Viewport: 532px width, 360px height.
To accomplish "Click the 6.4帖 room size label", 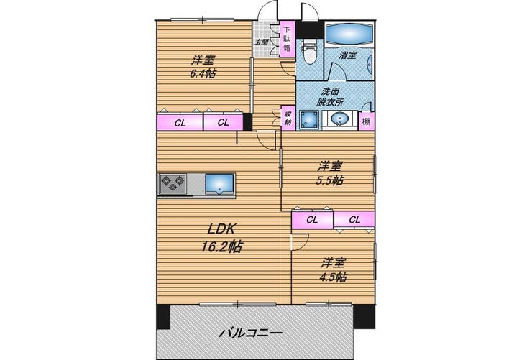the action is [203, 73].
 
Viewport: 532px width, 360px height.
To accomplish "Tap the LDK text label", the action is [221, 229].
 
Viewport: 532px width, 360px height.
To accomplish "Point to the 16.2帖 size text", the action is [222, 246].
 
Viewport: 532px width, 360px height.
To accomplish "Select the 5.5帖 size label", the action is [330, 180].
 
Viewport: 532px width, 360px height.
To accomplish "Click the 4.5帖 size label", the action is [333, 277].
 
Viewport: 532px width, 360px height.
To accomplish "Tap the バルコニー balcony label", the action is [250, 333].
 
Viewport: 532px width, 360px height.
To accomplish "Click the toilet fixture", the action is [309, 52].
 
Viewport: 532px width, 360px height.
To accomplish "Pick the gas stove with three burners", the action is [173, 184].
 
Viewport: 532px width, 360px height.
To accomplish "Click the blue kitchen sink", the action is [219, 184].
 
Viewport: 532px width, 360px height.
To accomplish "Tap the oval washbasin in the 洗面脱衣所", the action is [339, 119].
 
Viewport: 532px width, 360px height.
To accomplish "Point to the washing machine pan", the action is [308, 120].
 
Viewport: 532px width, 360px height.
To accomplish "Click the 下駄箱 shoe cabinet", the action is [287, 40].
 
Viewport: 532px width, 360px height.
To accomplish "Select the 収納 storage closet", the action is [288, 118].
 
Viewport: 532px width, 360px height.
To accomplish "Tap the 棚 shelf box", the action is [367, 121].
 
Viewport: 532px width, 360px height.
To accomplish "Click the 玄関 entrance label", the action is [262, 42].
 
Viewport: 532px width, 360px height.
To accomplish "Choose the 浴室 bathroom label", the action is [348, 55].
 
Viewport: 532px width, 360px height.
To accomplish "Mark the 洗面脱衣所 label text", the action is [330, 96].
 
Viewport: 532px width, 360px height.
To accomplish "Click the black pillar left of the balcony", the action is [163, 317].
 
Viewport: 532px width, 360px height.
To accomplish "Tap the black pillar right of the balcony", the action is [364, 316].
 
